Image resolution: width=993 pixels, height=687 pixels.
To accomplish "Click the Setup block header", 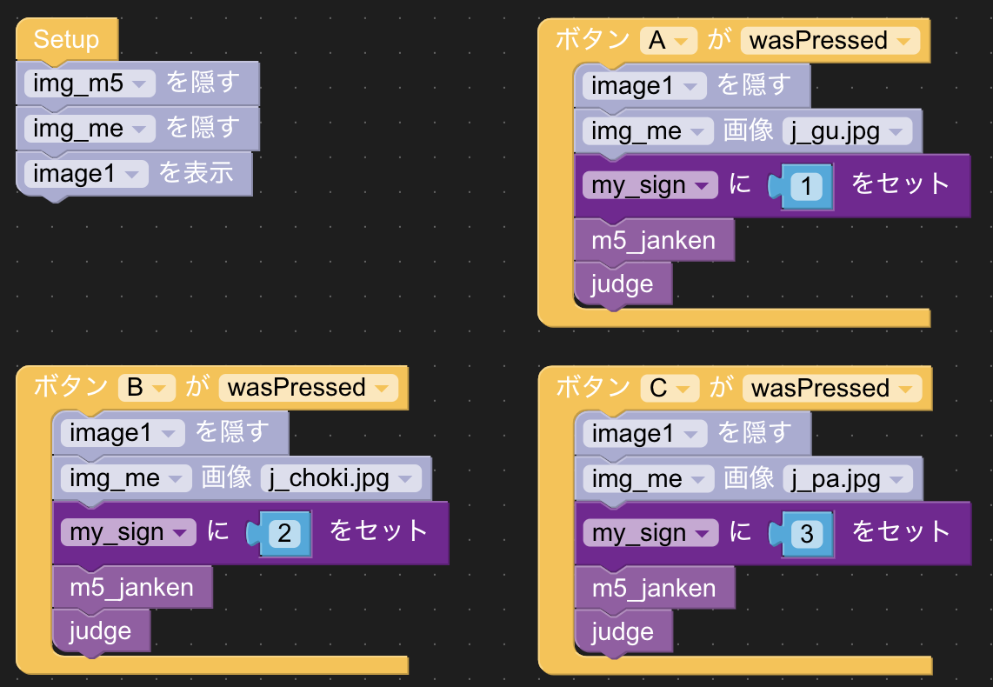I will pos(66,40).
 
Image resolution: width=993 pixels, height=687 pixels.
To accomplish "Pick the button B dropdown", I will pos(147,387).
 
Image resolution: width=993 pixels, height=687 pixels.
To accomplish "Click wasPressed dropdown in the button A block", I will pos(830,40).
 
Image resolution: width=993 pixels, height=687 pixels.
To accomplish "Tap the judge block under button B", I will pos(101,630).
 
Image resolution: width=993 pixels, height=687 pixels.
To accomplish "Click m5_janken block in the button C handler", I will pos(654,589).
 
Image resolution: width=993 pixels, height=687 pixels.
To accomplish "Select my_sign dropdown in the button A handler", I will pos(650,185).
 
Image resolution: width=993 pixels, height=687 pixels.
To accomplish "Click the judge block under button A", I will pos(623,284).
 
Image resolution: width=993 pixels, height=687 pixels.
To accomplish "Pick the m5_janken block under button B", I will pos(132,588).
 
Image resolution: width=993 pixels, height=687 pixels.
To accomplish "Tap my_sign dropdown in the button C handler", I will pos(650,533).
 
